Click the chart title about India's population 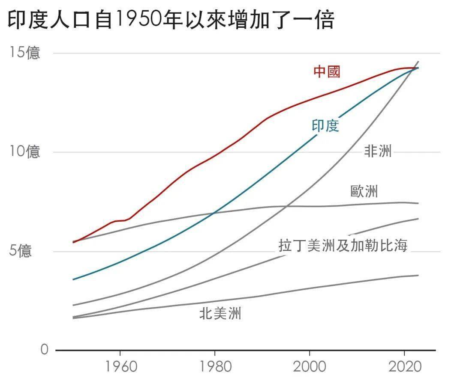pyautogui.click(x=171, y=21)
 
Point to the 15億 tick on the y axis pyautogui.click(x=25, y=53)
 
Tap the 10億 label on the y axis pyautogui.click(x=25, y=152)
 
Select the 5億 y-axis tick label pyautogui.click(x=21, y=251)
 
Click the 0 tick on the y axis pyautogui.click(x=45, y=350)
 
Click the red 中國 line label pyautogui.click(x=327, y=71)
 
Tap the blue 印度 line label pyautogui.click(x=325, y=125)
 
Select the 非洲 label pyautogui.click(x=378, y=151)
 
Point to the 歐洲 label pyautogui.click(x=364, y=191)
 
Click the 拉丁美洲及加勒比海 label pyautogui.click(x=343, y=246)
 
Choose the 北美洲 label pyautogui.click(x=220, y=314)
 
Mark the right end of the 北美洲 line pyautogui.click(x=418, y=275)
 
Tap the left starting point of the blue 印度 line pyautogui.click(x=73, y=279)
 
